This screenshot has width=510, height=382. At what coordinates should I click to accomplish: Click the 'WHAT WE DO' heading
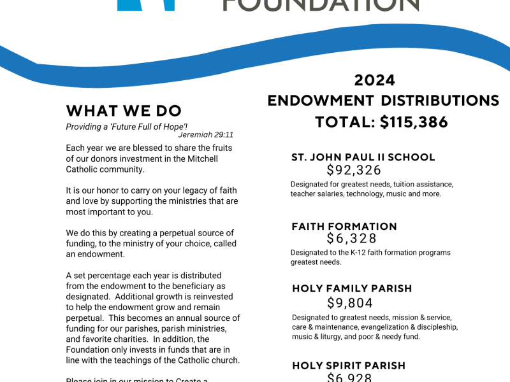point(124,111)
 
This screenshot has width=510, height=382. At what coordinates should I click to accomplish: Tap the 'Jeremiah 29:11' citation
point(206,135)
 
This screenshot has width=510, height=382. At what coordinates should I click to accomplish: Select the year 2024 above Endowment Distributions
point(375,80)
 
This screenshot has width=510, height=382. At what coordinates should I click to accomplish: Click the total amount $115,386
point(414,122)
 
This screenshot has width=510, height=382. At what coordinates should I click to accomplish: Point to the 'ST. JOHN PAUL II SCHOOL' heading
point(363,157)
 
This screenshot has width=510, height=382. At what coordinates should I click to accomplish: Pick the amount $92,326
point(354,170)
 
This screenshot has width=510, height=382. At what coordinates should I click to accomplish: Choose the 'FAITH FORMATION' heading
point(344,226)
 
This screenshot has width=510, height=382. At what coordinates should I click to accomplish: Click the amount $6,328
point(352,239)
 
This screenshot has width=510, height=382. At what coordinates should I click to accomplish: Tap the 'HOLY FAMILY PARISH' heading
point(352,288)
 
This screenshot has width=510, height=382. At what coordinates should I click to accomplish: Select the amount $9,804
point(350,303)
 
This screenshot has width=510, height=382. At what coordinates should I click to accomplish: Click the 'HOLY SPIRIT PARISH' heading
point(349,365)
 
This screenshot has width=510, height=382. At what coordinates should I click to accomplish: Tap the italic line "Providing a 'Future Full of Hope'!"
point(127,127)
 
